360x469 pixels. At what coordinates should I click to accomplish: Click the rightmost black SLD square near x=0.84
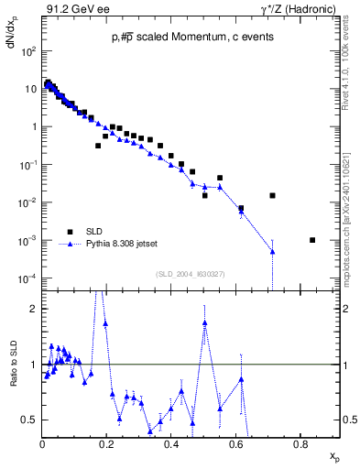point(312,240)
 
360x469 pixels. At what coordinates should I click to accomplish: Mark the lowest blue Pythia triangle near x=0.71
point(272,251)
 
